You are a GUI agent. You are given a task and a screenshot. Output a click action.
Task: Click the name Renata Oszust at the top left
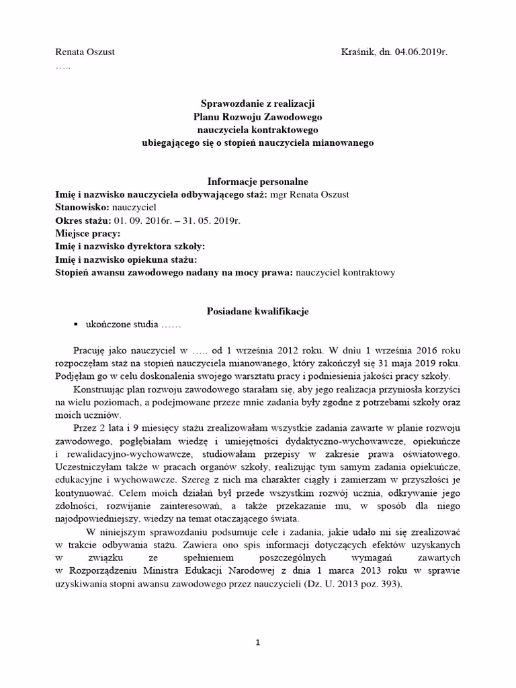click(x=84, y=52)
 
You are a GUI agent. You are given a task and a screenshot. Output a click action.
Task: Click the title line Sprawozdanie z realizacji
click(x=258, y=104)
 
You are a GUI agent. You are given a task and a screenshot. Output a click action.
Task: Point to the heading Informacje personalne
click(x=258, y=181)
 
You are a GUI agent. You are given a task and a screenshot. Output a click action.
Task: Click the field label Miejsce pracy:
click(x=87, y=234)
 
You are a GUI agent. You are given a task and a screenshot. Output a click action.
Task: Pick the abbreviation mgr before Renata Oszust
click(x=277, y=195)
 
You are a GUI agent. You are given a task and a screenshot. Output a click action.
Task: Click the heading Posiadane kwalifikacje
click(x=258, y=312)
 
